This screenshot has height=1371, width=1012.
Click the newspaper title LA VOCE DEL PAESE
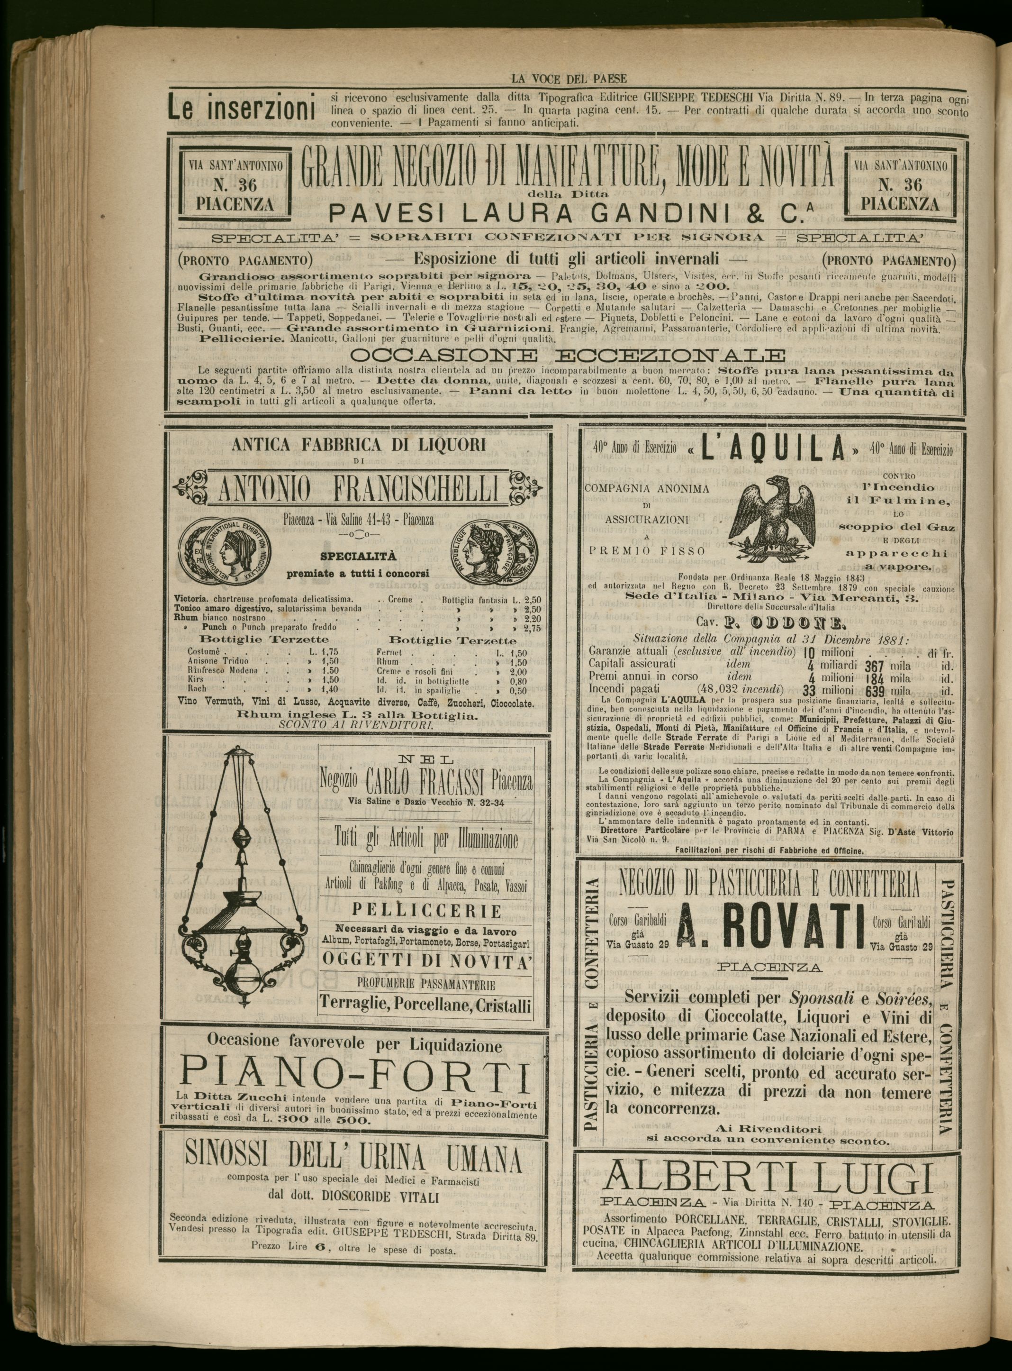(x=569, y=78)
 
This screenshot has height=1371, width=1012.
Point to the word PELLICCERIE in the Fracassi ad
(x=426, y=911)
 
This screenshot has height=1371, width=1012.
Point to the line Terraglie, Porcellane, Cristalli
(x=425, y=1005)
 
